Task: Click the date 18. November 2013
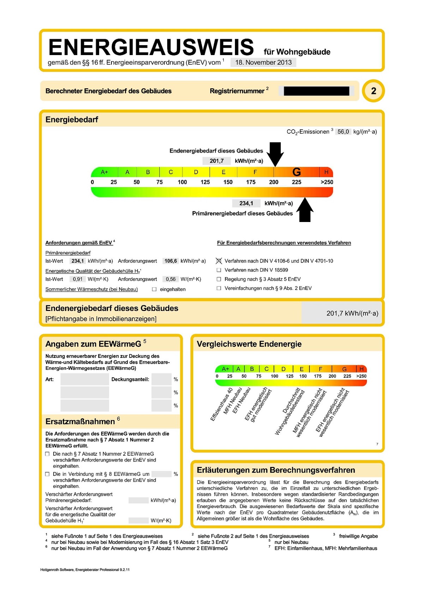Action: (x=263, y=62)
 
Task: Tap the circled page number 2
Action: (x=373, y=91)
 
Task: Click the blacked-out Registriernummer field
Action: (x=316, y=91)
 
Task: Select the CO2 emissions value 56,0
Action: (x=343, y=132)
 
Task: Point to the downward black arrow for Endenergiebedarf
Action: (x=275, y=154)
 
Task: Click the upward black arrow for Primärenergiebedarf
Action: (x=305, y=210)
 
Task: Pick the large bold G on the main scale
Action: (x=297, y=172)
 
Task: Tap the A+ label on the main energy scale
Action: (x=104, y=172)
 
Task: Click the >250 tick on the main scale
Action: (x=327, y=182)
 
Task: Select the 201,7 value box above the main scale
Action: (x=217, y=161)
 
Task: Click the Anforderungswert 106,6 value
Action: (x=171, y=261)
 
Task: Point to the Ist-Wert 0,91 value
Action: (x=78, y=279)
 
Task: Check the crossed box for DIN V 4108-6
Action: (x=219, y=261)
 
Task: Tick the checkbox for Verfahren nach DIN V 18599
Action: (x=219, y=270)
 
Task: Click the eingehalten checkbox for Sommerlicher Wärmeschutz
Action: (x=154, y=289)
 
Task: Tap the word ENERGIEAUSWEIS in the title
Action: (x=151, y=47)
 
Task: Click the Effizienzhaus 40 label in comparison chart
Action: (x=222, y=404)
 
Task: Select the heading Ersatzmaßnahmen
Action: (x=80, y=421)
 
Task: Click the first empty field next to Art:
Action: (x=85, y=379)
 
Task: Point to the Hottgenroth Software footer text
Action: (x=85, y=570)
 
